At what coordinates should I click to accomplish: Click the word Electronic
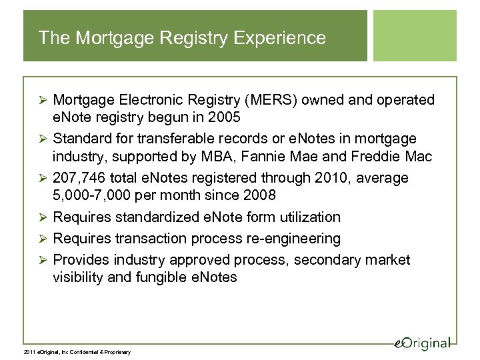point(151,100)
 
